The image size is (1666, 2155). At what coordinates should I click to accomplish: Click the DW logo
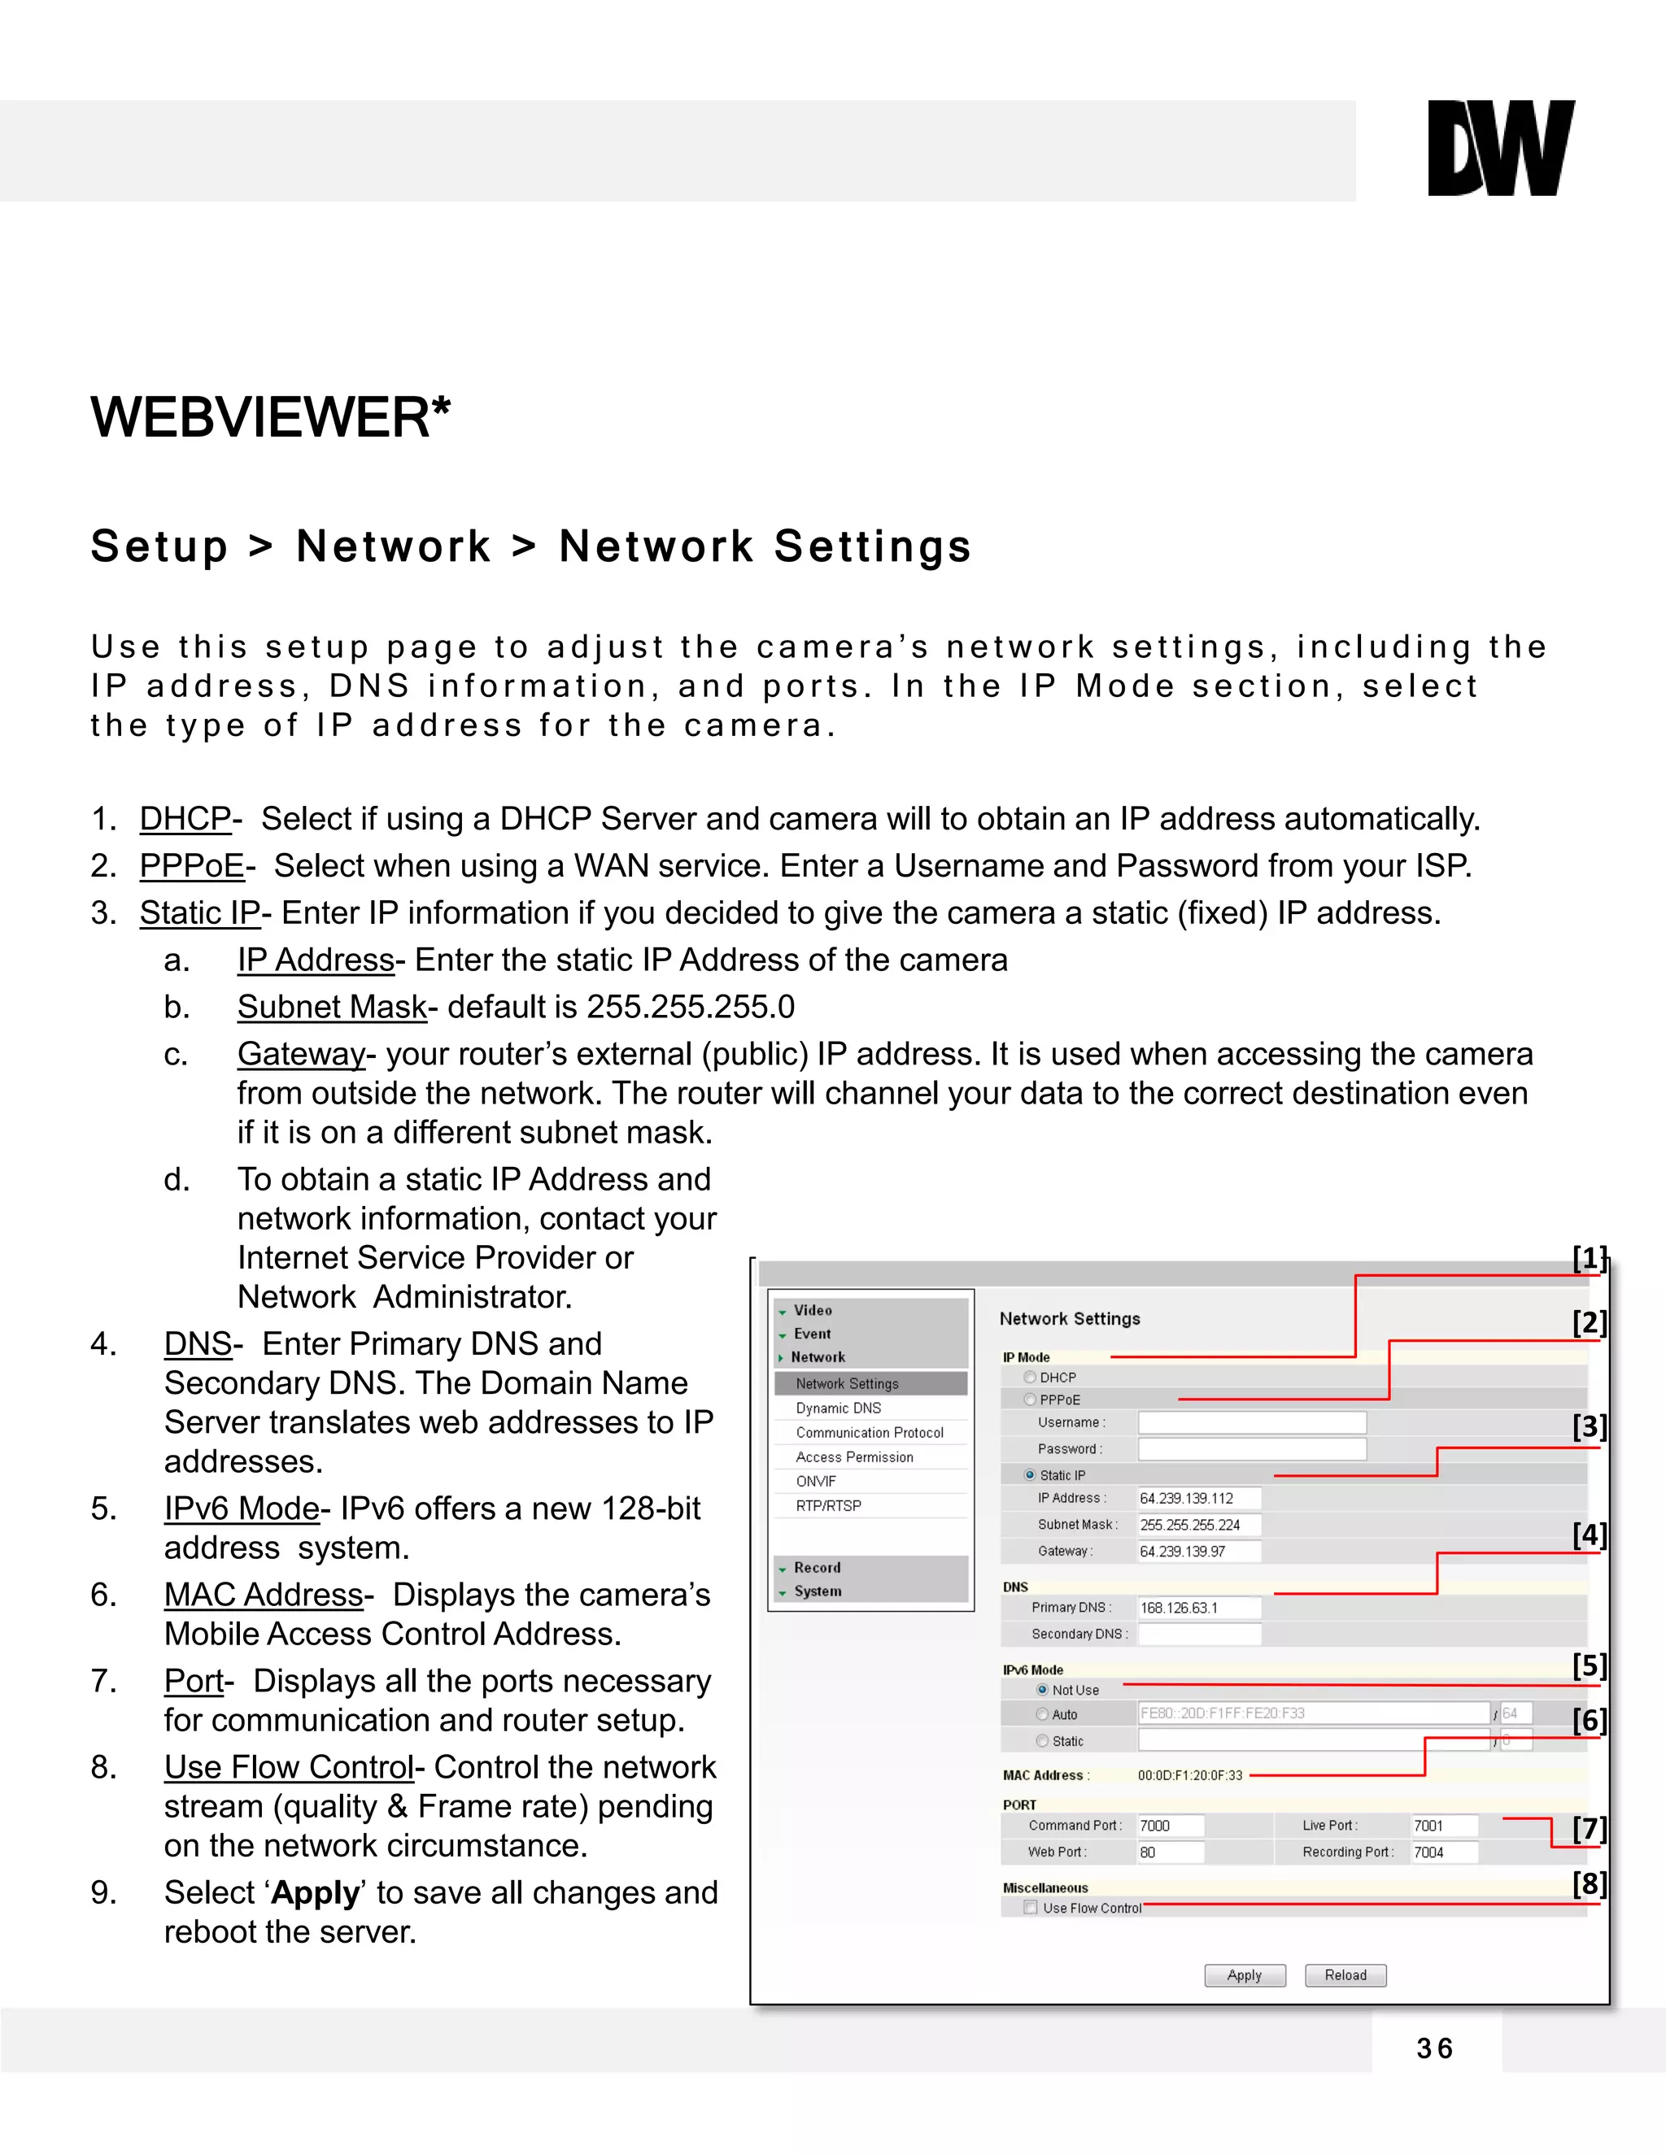[1500, 148]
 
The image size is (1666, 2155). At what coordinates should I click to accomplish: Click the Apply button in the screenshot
[1245, 1974]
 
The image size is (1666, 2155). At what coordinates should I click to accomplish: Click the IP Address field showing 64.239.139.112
[1198, 1498]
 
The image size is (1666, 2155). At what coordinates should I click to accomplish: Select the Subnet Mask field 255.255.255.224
[1198, 1525]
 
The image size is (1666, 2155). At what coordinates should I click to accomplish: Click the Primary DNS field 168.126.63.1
[1198, 1608]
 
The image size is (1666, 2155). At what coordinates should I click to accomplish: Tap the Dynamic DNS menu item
[838, 1408]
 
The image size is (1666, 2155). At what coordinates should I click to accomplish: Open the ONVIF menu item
[816, 1481]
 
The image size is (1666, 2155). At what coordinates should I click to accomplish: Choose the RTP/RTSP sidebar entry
[828, 1506]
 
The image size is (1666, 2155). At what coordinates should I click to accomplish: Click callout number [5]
[1589, 1665]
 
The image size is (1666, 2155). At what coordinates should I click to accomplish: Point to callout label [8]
[1589, 1883]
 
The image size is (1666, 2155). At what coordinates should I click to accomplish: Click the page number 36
[1435, 2049]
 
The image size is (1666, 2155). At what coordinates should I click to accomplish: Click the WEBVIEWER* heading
[270, 417]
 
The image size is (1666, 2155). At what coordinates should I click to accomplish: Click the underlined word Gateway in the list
[301, 1054]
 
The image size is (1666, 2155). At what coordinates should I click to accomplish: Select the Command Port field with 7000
[1170, 1826]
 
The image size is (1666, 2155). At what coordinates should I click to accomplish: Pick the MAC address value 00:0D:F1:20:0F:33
[1189, 1775]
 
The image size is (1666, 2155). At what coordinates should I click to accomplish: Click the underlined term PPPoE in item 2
[191, 865]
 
